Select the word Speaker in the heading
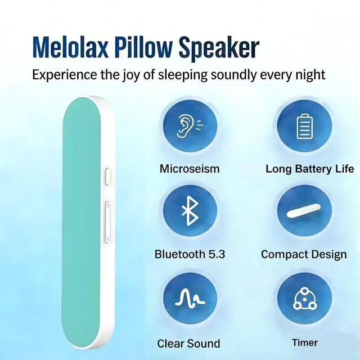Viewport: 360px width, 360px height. [219, 49]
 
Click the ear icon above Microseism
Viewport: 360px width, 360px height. [190, 126]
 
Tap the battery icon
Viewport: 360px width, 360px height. [305, 126]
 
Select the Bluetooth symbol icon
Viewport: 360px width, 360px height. [190, 210]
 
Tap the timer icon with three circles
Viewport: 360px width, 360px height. [305, 298]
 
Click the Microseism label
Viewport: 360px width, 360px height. [190, 169]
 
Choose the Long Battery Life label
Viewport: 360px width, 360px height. [310, 169]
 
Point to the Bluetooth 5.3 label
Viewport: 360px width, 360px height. [190, 254]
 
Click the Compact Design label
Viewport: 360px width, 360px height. [304, 255]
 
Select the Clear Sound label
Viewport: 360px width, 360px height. [188, 344]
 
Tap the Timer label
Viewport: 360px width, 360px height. [305, 343]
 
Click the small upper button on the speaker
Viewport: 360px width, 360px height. [107, 176]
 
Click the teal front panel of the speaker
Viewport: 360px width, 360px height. [81, 223]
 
